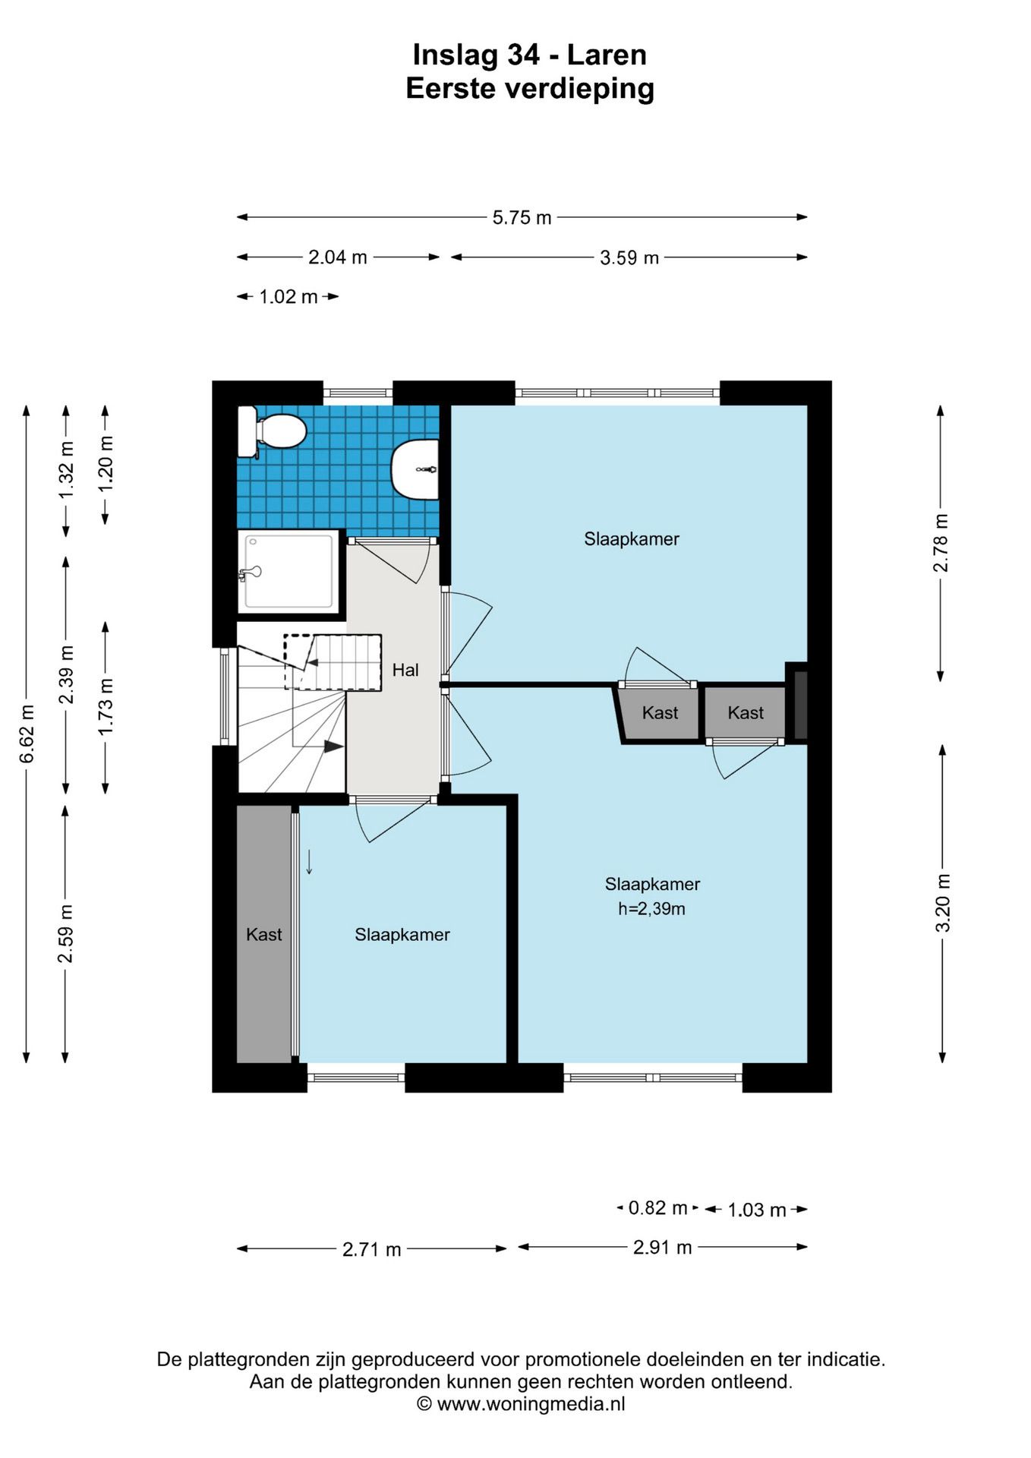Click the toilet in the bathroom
tap(272, 431)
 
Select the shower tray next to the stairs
tap(288, 572)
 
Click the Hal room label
tap(405, 670)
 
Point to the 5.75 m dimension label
tap(522, 218)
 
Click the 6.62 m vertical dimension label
tap(27, 734)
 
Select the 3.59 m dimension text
tap(629, 258)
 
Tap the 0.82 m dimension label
tap(657, 1207)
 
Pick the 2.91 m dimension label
tap(663, 1247)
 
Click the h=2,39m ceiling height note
tap(651, 908)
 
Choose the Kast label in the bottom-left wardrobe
tap(264, 935)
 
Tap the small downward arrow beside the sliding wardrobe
tap(309, 863)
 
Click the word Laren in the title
tap(607, 55)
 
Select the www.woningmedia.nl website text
tap(531, 1404)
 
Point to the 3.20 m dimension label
tap(942, 903)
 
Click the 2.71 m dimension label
tap(371, 1249)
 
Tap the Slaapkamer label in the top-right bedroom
tap(632, 539)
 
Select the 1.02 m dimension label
tap(288, 297)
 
